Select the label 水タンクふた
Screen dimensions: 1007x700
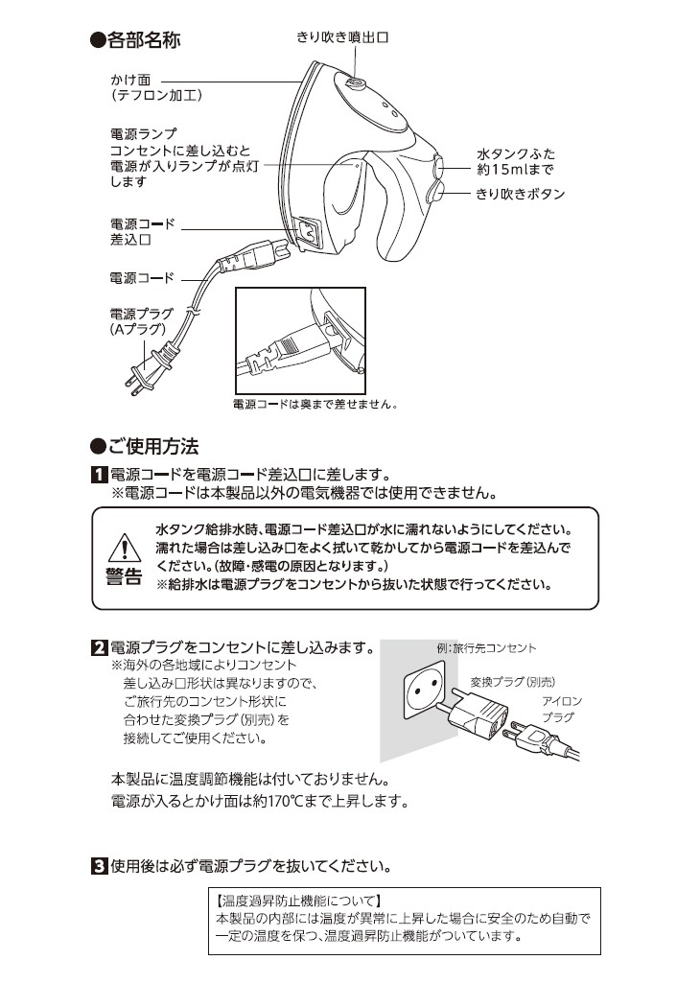[516, 153]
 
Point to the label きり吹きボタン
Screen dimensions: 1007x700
[521, 194]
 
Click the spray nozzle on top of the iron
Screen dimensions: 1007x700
[353, 86]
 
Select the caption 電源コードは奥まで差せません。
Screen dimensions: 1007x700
[315, 405]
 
